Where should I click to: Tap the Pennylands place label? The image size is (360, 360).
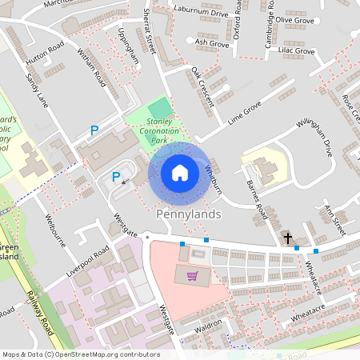188,215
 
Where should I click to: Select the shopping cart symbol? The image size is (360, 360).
192,276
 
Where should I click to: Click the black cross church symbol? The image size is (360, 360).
287,238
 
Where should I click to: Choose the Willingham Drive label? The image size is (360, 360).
308,137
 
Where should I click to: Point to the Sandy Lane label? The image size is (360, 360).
37,89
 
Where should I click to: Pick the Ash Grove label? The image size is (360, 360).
212,42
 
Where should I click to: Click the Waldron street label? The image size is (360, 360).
208,326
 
